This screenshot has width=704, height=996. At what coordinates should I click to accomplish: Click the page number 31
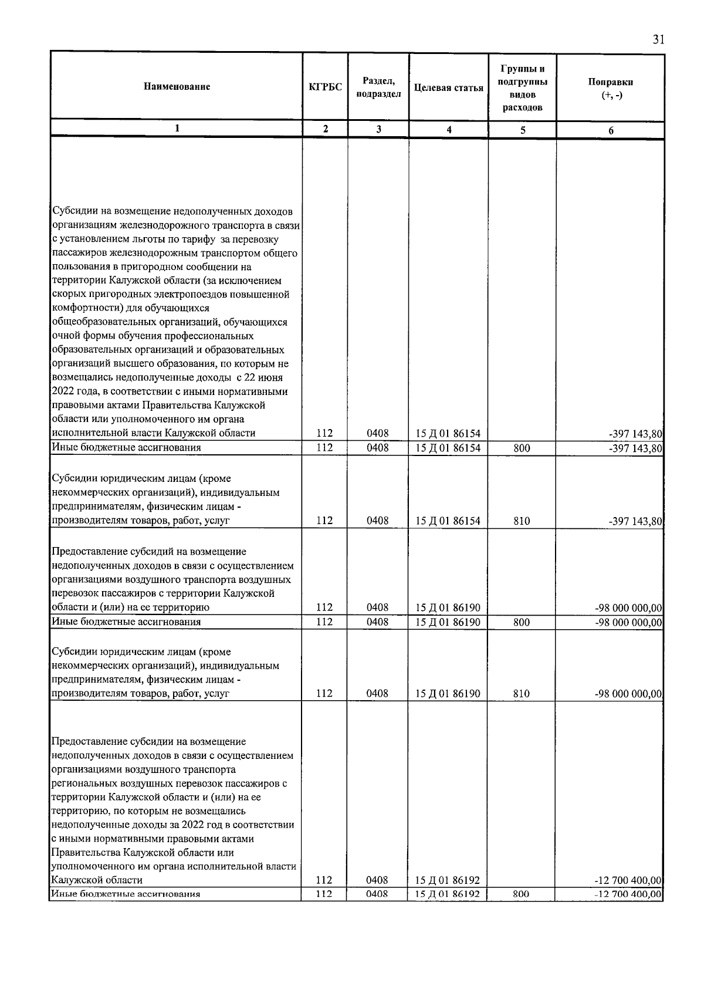(658, 40)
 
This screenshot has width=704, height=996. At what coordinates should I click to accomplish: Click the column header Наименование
(177, 87)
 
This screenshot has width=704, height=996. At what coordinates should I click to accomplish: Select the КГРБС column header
(325, 87)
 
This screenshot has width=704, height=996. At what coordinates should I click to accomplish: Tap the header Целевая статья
(448, 88)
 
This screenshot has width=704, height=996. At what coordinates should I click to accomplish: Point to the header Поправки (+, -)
(610, 88)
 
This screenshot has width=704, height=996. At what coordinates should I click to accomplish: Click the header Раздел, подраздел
(378, 87)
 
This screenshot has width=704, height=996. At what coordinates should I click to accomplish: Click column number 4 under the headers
(448, 130)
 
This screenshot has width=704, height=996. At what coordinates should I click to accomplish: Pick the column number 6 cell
(610, 130)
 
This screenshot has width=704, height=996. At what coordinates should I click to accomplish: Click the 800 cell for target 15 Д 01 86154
(522, 448)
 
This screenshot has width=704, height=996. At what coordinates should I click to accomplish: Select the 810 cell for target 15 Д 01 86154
(522, 521)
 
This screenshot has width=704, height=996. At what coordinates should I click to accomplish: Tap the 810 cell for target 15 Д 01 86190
(522, 694)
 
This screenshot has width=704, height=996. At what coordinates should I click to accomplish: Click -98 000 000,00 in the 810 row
(628, 694)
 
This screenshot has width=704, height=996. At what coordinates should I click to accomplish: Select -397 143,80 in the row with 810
(637, 521)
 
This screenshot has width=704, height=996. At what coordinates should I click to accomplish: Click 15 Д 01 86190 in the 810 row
(448, 694)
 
